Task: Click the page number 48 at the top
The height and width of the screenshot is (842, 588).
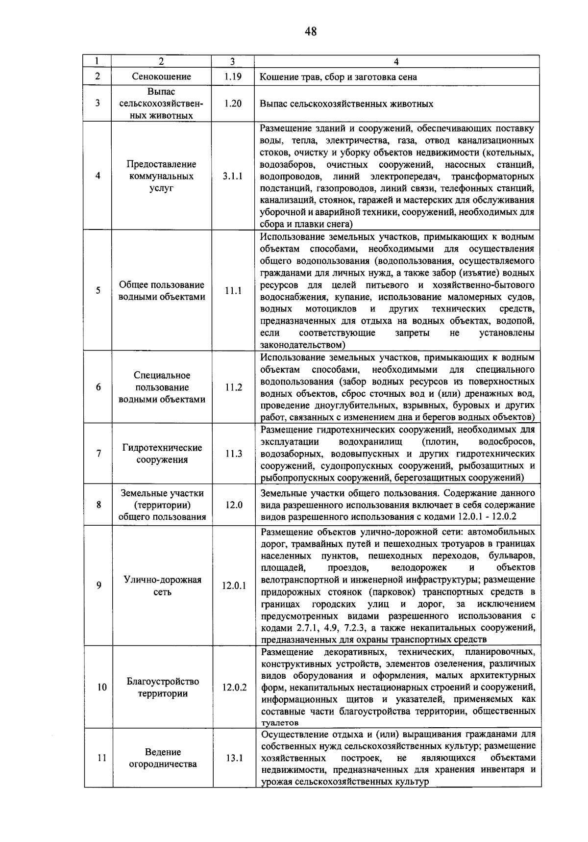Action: pos(311,32)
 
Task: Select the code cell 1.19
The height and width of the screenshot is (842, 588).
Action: pos(233,77)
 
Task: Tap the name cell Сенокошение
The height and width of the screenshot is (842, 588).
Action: pos(161,77)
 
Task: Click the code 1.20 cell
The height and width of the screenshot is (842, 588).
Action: pos(233,103)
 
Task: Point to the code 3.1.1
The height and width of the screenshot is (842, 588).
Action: pos(233,176)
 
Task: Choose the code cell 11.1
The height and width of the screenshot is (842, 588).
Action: pos(233,291)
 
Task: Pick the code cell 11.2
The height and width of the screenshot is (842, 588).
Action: pos(233,387)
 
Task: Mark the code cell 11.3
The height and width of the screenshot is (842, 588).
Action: pos(233,454)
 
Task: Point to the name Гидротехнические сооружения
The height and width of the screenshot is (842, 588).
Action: pos(162,454)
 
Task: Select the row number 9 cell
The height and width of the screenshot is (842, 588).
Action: pos(99,586)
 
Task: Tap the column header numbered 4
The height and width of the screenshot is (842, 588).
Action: pos(396,61)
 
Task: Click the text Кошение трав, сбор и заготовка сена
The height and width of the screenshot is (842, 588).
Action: pos(338,77)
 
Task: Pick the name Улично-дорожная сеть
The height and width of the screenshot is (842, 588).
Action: pos(162,586)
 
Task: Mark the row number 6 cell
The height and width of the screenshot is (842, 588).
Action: pos(98,387)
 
